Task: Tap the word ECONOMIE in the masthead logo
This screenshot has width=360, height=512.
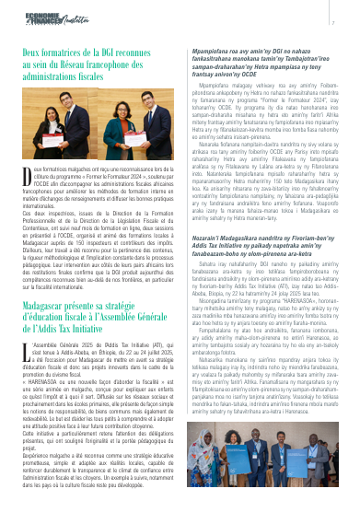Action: point(41,16)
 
